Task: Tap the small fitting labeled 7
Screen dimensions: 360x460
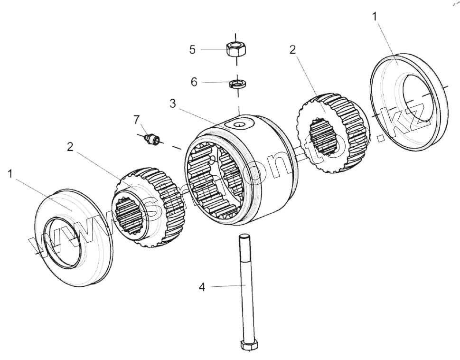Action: click(152, 139)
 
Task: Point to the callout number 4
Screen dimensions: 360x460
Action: click(202, 287)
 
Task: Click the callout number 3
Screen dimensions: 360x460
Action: click(173, 104)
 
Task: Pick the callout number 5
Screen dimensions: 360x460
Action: click(192, 49)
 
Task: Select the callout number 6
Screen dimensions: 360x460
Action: click(194, 82)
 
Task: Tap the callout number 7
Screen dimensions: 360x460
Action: click(137, 118)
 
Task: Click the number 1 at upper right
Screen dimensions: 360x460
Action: click(375, 16)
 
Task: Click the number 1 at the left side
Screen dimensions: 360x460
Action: click(10, 174)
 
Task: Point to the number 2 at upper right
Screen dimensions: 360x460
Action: click(293, 50)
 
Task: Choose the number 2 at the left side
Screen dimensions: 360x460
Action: click(70, 147)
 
